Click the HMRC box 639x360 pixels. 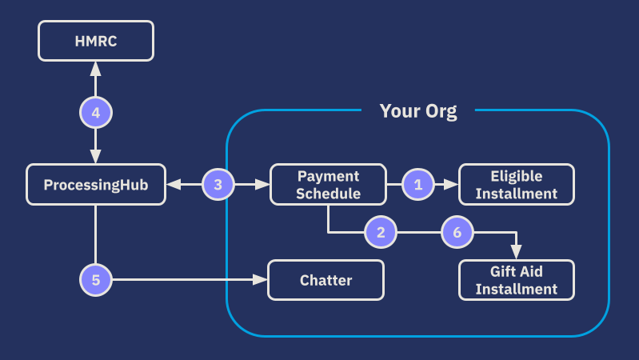click(x=96, y=41)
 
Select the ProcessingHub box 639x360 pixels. click(x=96, y=184)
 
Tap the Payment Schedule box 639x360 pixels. click(x=328, y=184)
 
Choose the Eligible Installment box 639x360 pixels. click(x=516, y=184)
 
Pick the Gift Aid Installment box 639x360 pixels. click(x=516, y=280)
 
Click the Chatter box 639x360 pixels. click(x=325, y=280)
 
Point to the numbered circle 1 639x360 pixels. click(x=417, y=184)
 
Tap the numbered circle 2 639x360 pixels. click(x=381, y=233)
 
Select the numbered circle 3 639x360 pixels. click(x=218, y=184)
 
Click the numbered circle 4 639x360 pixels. click(x=96, y=113)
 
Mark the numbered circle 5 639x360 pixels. click(x=96, y=280)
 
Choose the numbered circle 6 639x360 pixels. click(x=457, y=233)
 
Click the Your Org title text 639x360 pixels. click(x=417, y=111)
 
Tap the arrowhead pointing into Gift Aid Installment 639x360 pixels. click(x=516, y=253)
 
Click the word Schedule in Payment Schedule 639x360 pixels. click(x=329, y=193)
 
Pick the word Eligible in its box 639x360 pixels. click(x=516, y=176)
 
